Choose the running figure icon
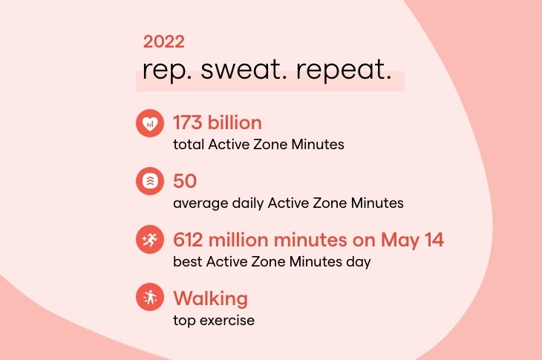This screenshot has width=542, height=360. pyautogui.click(x=149, y=240)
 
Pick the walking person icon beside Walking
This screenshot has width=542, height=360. pyautogui.click(x=149, y=298)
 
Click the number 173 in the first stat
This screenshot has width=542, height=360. pyautogui.click(x=189, y=122)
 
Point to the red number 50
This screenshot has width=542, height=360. pyautogui.click(x=184, y=180)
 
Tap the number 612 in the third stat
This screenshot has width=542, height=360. pyautogui.click(x=189, y=239)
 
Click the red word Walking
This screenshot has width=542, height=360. pyautogui.click(x=210, y=298)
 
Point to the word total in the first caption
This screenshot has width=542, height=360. pyautogui.click(x=187, y=145)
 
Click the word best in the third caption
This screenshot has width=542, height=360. pyautogui.click(x=186, y=262)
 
